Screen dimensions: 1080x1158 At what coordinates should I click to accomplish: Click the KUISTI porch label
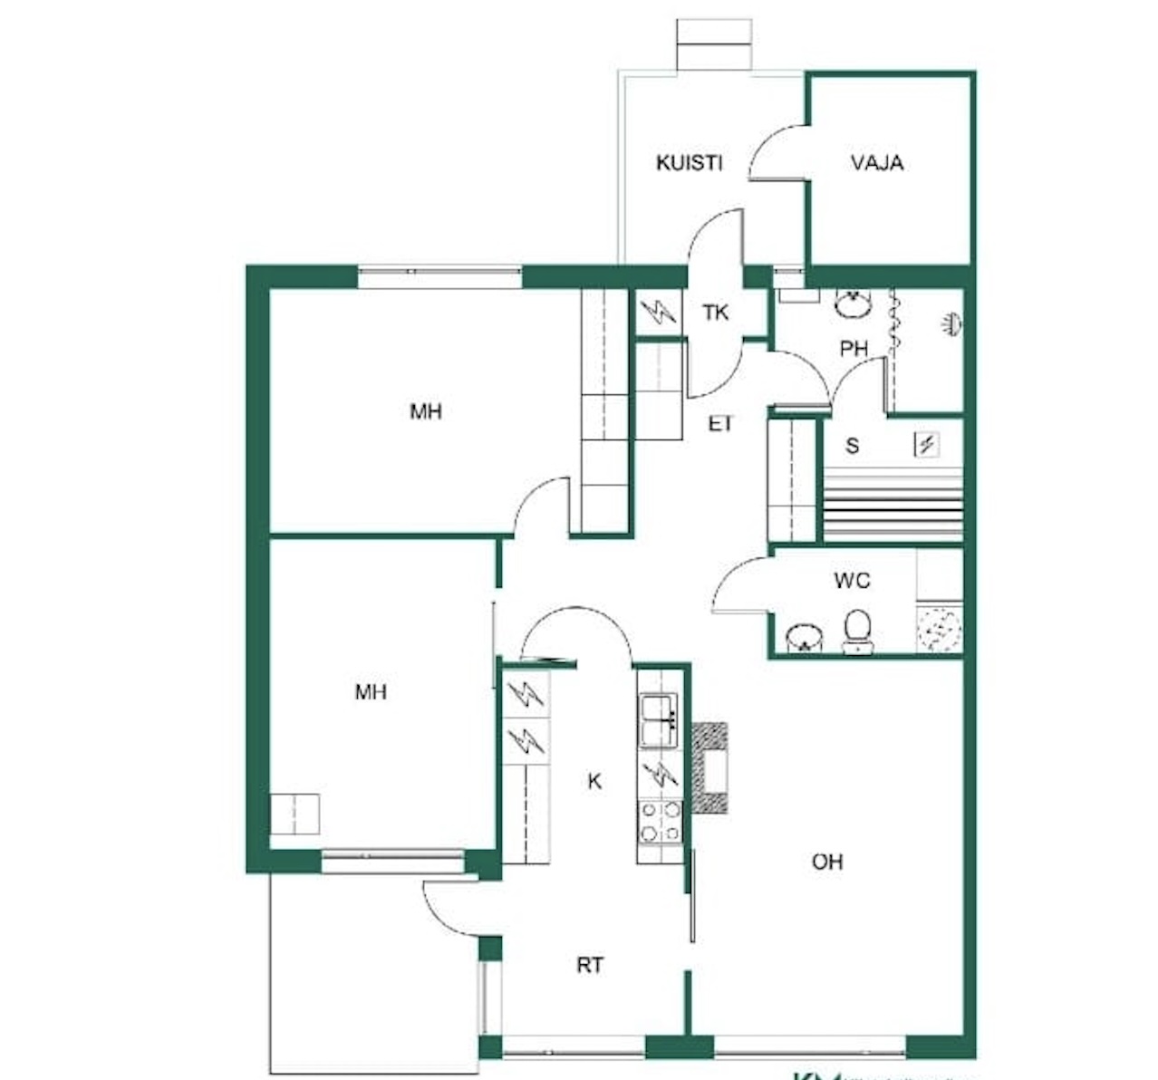689,163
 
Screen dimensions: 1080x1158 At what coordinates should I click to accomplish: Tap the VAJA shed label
877,163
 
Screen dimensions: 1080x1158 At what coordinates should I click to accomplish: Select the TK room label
716,313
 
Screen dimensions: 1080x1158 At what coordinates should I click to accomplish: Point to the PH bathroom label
854,348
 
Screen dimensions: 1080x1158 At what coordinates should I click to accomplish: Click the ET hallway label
720,423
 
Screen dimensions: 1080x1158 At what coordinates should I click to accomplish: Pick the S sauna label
852,445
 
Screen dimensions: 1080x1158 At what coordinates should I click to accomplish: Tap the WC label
852,580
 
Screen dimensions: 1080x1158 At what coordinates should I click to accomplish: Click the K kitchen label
594,781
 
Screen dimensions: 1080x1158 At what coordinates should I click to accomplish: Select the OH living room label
827,861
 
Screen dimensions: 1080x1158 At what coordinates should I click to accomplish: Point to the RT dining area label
590,966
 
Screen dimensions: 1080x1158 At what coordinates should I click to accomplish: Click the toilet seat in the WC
857,630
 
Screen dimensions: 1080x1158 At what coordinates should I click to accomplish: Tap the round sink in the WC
801,637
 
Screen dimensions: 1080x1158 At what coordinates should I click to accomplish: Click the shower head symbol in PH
951,323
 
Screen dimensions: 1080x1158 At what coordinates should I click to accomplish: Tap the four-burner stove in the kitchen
661,821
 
